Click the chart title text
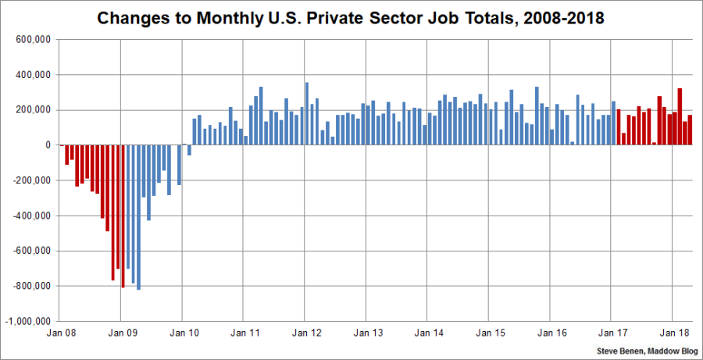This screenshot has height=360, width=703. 351,17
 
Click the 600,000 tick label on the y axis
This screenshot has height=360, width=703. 32,40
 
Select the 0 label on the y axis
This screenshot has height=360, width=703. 48,145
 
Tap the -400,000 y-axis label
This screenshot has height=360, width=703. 30,216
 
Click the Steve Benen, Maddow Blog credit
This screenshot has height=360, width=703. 648,351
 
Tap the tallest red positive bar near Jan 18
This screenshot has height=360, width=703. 680,116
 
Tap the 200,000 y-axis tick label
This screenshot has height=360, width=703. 32,110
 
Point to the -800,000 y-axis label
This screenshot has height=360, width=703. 30,286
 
